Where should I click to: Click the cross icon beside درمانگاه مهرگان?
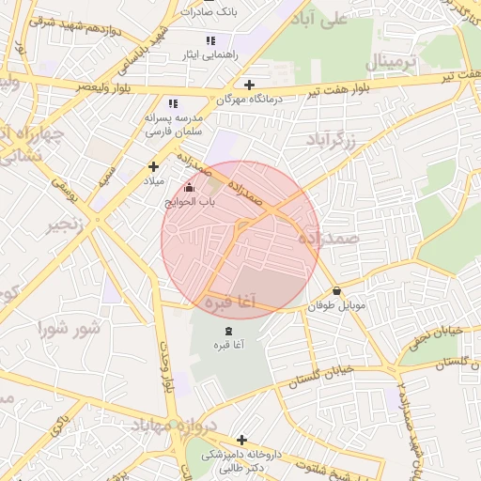point(249,85)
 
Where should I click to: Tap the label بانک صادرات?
point(214,12)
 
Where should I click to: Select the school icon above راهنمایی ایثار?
point(210,41)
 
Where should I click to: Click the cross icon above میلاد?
point(153,166)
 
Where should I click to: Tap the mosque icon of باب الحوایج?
point(191,188)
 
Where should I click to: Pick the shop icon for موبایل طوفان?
point(337,292)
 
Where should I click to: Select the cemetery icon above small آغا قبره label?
point(228,332)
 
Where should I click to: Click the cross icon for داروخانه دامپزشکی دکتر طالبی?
point(241,440)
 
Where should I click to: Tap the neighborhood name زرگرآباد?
point(333,141)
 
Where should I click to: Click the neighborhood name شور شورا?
point(69,329)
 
